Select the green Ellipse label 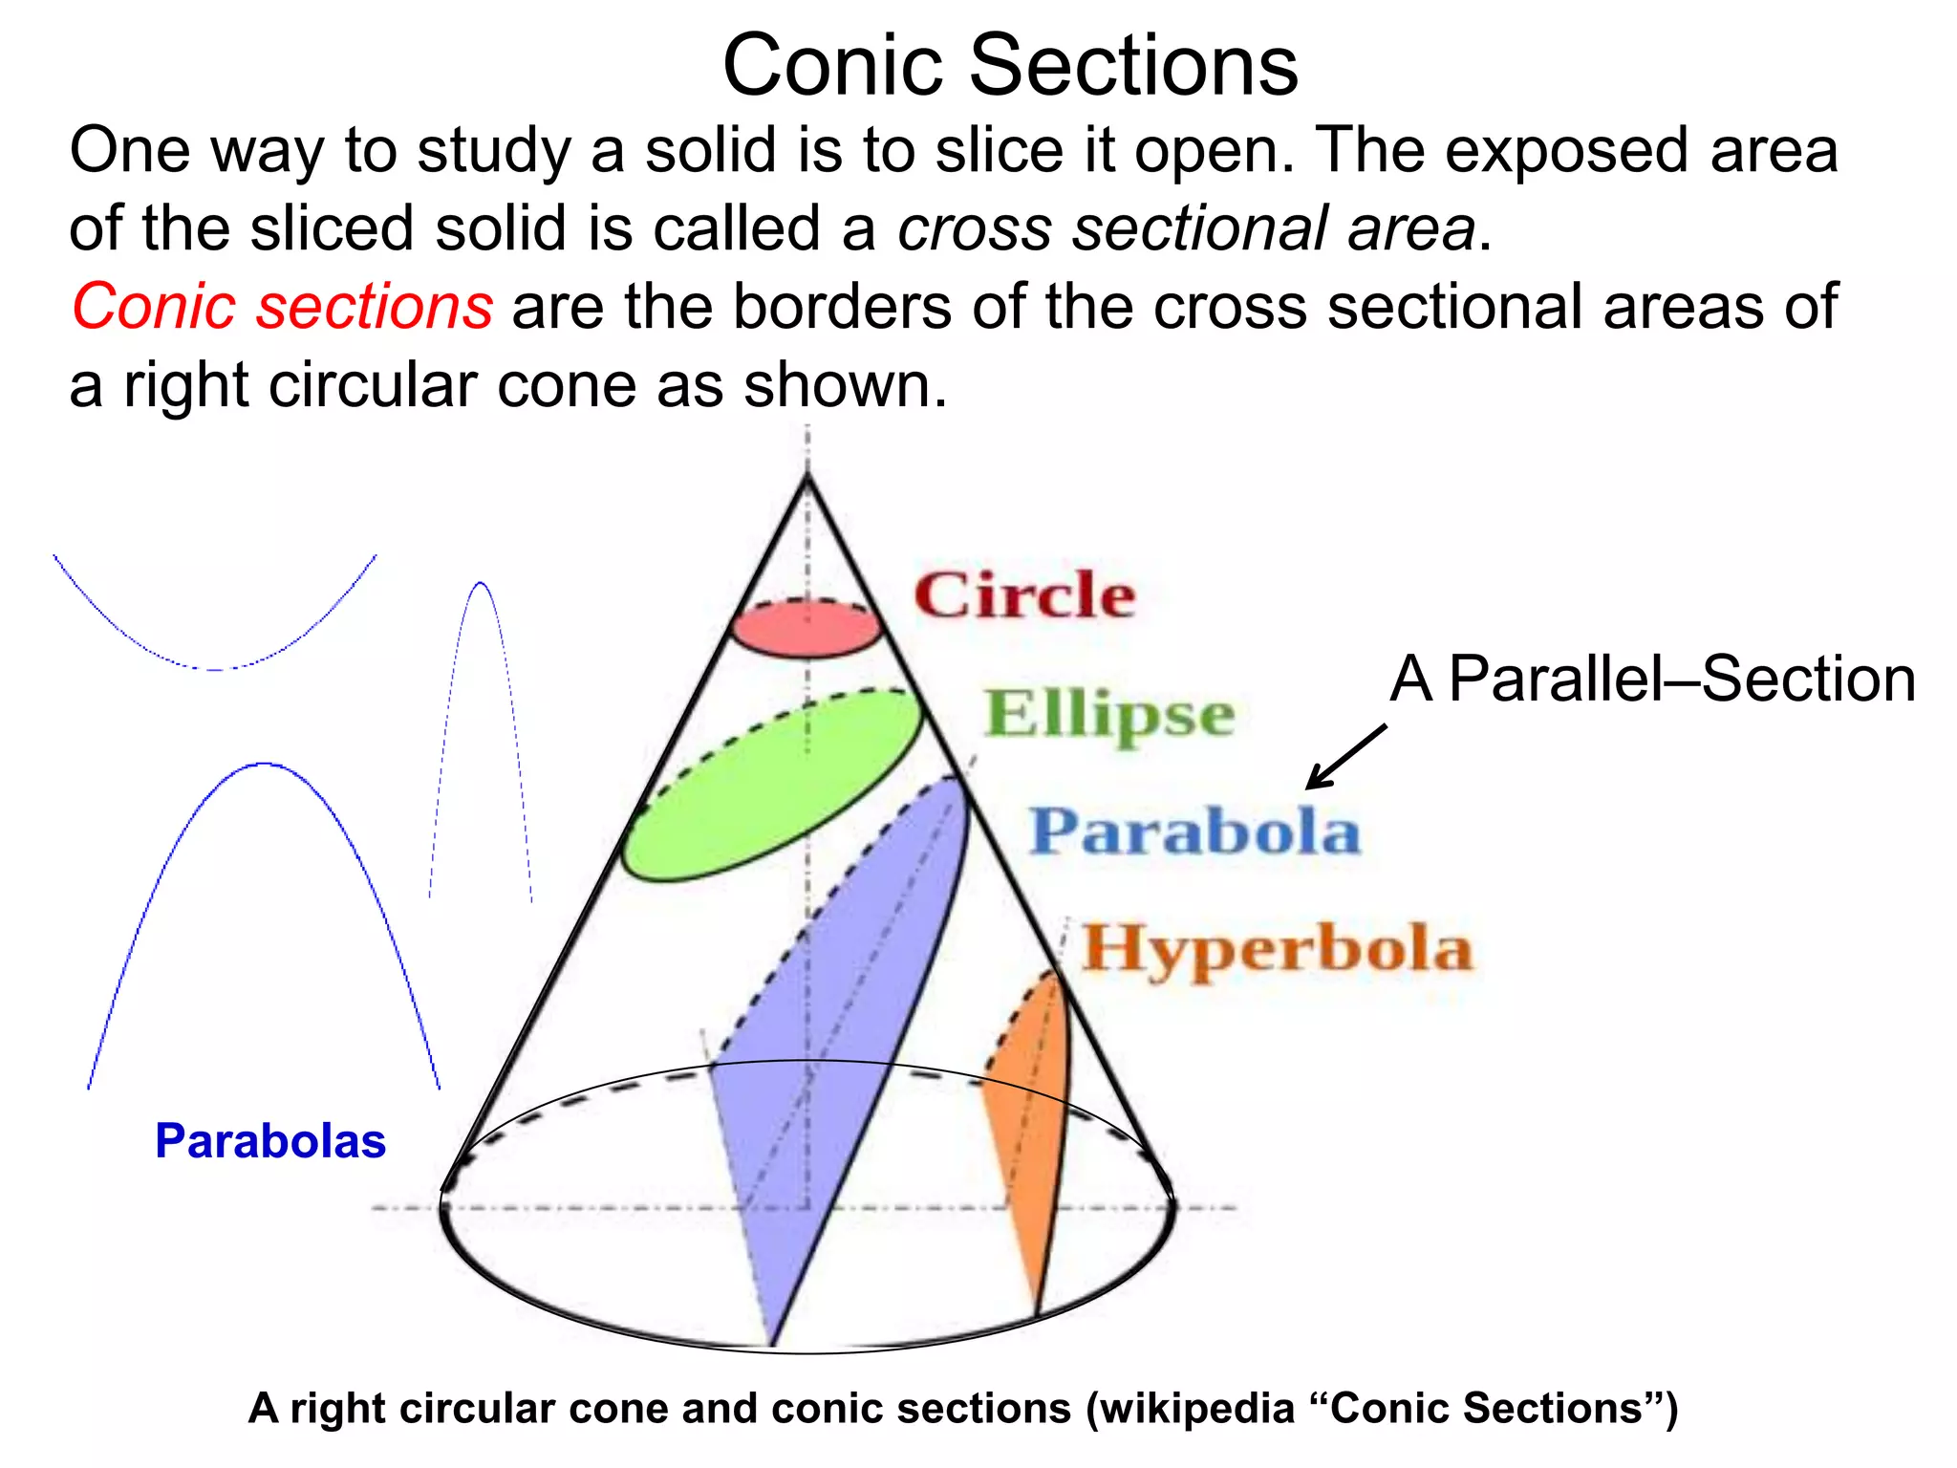coord(1109,714)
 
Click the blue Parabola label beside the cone coord(1194,831)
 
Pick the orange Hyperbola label coord(1277,948)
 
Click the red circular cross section coord(806,632)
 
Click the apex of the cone coord(807,475)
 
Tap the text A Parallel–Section coord(1652,680)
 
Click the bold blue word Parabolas coord(270,1140)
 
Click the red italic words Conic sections coord(282,307)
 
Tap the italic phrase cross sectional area coord(1186,229)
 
